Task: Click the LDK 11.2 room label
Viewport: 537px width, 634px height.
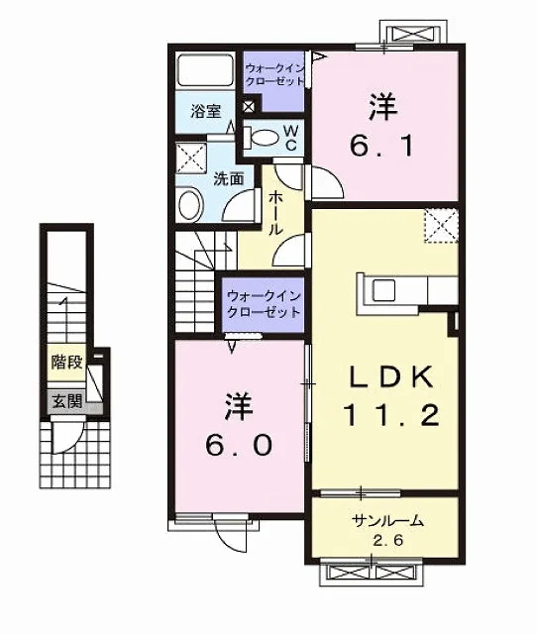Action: [x=391, y=395]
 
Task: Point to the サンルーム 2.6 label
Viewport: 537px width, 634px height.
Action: [x=388, y=530]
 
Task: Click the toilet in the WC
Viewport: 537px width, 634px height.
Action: [x=262, y=137]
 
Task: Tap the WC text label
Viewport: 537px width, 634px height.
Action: [x=291, y=138]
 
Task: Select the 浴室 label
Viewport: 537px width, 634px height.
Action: [x=206, y=111]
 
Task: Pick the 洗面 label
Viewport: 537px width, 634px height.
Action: [x=229, y=178]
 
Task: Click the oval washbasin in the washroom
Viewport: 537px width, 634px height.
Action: [x=190, y=204]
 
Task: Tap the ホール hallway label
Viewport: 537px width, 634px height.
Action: [x=275, y=213]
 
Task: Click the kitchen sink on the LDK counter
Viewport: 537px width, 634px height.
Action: [x=383, y=291]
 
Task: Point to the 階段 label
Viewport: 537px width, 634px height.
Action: [x=66, y=362]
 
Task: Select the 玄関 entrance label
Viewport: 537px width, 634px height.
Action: [x=66, y=401]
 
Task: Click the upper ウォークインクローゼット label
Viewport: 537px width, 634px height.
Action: [x=275, y=73]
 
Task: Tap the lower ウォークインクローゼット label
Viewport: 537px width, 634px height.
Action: [x=264, y=304]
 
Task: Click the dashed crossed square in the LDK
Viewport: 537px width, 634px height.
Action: [x=441, y=226]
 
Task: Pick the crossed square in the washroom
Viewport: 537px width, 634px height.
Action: [x=191, y=158]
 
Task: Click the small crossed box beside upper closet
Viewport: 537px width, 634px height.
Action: [x=249, y=106]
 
